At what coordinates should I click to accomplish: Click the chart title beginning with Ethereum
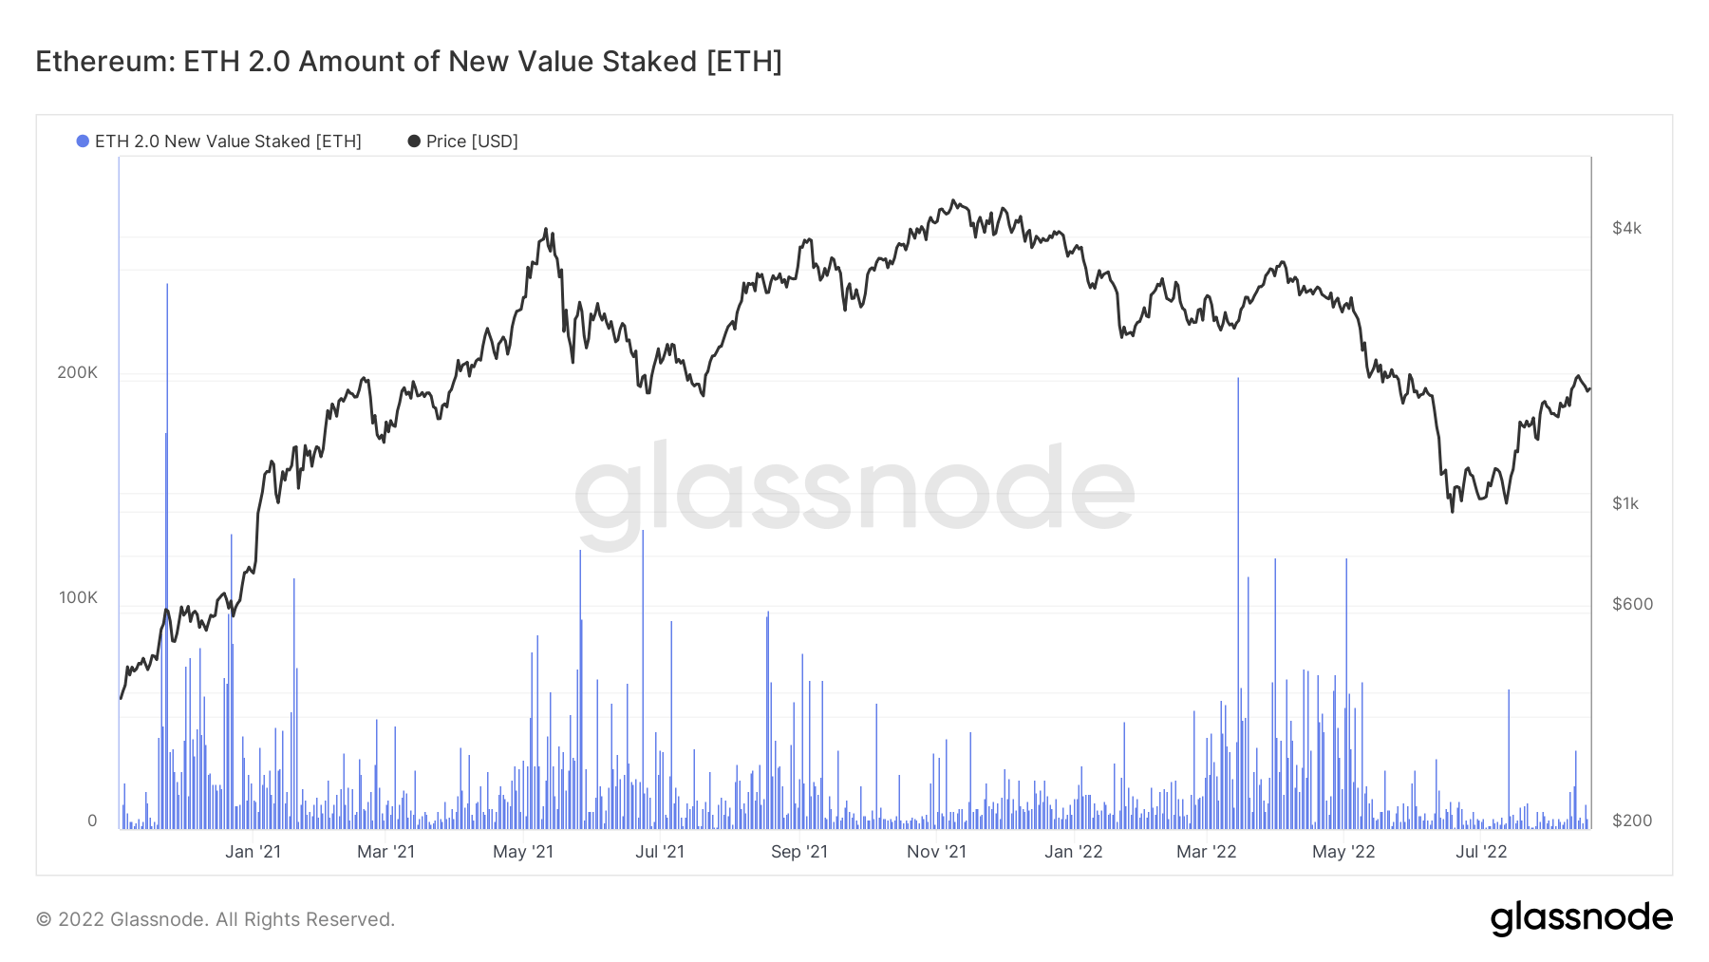pyautogui.click(x=408, y=62)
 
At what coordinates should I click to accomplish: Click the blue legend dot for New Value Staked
pyautogui.click(x=83, y=141)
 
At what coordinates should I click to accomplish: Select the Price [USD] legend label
pyautogui.click(x=472, y=141)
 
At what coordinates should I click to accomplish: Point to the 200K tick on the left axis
pyautogui.click(x=77, y=372)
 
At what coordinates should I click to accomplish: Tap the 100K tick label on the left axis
pyautogui.click(x=78, y=597)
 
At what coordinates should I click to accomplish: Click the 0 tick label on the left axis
pyautogui.click(x=92, y=821)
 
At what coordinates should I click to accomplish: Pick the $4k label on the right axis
pyautogui.click(x=1626, y=228)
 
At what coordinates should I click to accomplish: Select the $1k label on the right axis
pyautogui.click(x=1625, y=503)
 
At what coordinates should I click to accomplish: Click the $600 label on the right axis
pyautogui.click(x=1632, y=604)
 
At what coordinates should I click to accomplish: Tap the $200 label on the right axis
pyautogui.click(x=1632, y=821)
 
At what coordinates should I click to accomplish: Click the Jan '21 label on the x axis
pyautogui.click(x=253, y=852)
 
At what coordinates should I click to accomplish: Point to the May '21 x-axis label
pyautogui.click(x=522, y=852)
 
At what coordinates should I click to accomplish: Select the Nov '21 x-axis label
pyautogui.click(x=936, y=852)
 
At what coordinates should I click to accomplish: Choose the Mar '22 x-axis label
pyautogui.click(x=1206, y=852)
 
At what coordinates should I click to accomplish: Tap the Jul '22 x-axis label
pyautogui.click(x=1481, y=852)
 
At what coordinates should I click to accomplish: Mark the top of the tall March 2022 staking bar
pyautogui.click(x=1238, y=379)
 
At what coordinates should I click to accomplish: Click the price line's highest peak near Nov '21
pyautogui.click(x=953, y=201)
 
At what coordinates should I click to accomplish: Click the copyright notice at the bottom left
pyautogui.click(x=215, y=919)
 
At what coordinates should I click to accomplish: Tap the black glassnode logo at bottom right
pyautogui.click(x=1581, y=918)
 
